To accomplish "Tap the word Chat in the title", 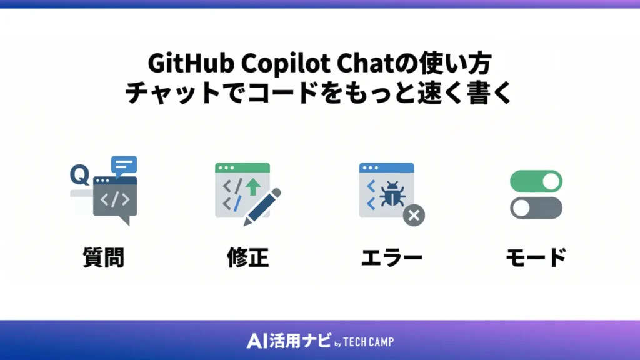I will [x=363, y=64].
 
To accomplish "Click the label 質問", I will [x=103, y=257].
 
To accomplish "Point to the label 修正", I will [x=247, y=257].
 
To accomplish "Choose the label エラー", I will [x=392, y=257].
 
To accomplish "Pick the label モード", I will [x=536, y=257].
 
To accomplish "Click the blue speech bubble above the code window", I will [x=123, y=165].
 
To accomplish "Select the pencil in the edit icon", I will [x=262, y=206].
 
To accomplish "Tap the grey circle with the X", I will [x=413, y=216].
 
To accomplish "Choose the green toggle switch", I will [x=536, y=182].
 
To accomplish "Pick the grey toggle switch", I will [x=536, y=207].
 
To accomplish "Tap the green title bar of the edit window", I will [x=242, y=167].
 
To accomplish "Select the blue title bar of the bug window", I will [x=386, y=167].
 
